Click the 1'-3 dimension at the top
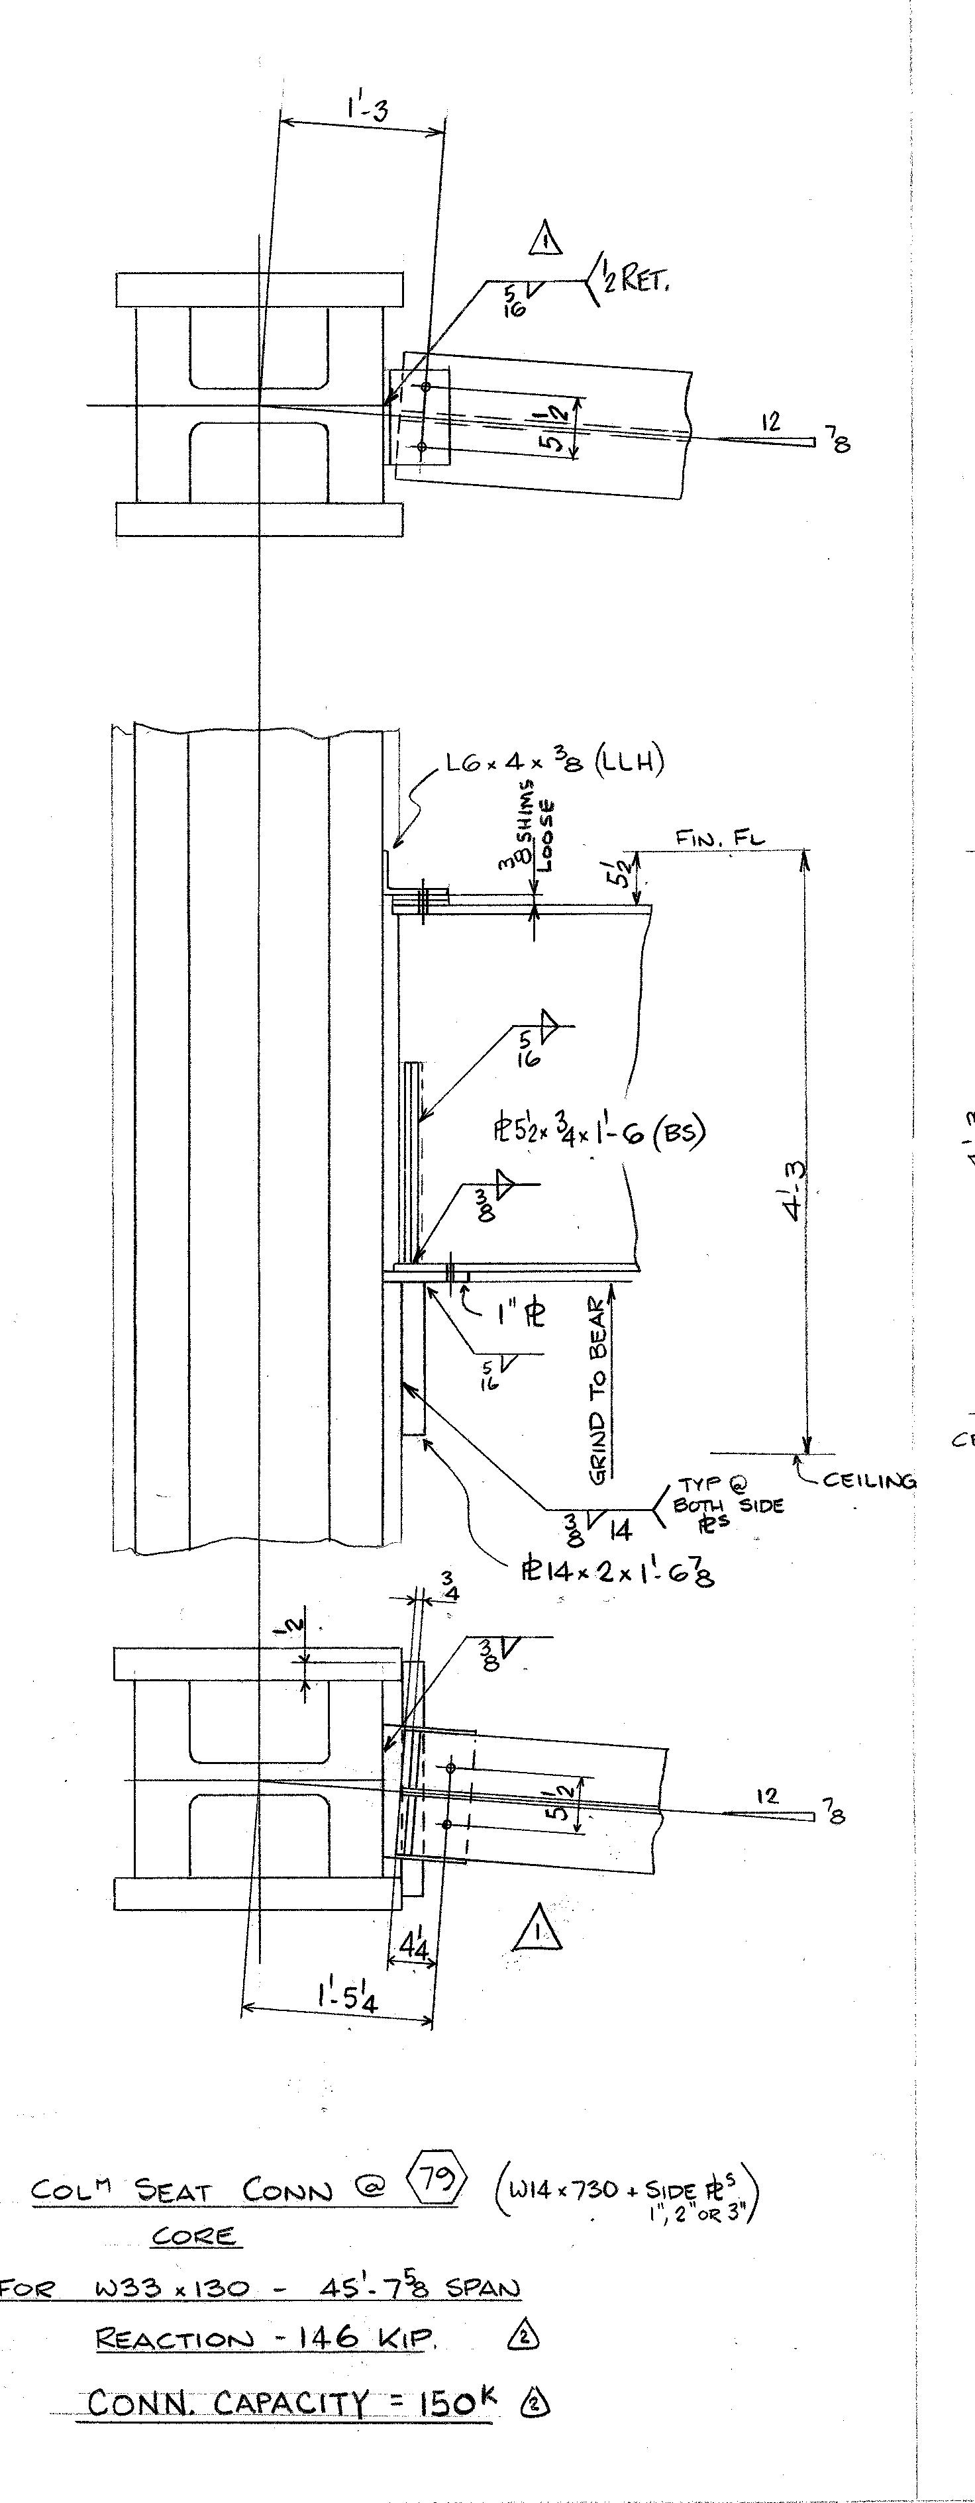point(366,110)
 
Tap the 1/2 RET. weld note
point(633,283)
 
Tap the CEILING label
point(869,1481)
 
